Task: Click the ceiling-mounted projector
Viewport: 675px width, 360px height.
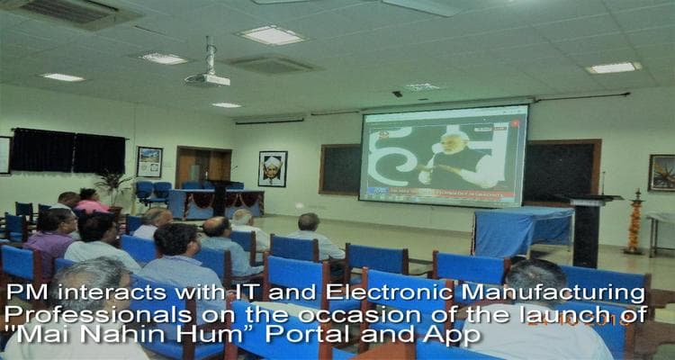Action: [x=207, y=78]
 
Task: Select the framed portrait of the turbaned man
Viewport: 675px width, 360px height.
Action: [x=273, y=168]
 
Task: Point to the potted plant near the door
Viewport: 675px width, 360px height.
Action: [x=114, y=186]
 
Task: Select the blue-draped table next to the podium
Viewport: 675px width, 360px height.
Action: [x=522, y=232]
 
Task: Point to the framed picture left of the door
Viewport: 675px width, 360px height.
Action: [x=149, y=162]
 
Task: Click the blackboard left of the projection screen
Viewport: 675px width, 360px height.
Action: [x=339, y=168]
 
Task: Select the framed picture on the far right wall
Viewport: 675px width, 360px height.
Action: [x=662, y=173]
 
